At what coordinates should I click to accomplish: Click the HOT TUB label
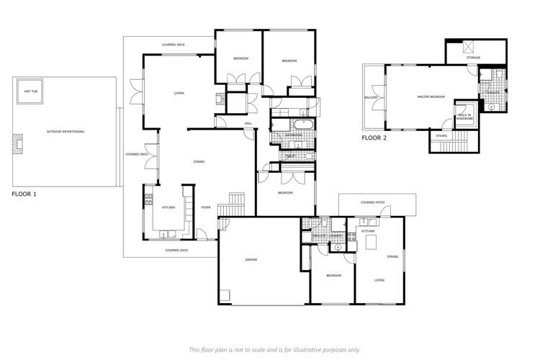click(31, 91)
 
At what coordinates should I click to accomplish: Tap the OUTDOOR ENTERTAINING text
click(66, 132)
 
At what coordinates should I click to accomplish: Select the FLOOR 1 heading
click(26, 194)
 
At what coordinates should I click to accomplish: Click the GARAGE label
click(251, 260)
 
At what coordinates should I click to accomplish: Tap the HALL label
click(248, 124)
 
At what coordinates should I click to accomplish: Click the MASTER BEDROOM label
click(431, 96)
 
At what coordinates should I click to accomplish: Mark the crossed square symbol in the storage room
click(466, 48)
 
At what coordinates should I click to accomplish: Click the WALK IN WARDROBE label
click(462, 117)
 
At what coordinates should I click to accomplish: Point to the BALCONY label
click(372, 97)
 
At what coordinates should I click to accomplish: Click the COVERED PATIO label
click(372, 203)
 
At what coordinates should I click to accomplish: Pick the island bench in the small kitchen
click(372, 243)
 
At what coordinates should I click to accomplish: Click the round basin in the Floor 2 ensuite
click(492, 107)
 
